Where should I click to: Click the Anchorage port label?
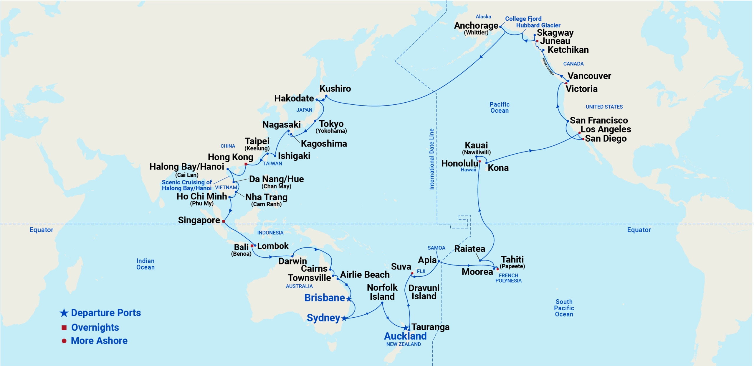[476, 26]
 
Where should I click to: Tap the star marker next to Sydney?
[344, 318]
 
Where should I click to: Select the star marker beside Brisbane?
[349, 299]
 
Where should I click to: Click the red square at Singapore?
[224, 221]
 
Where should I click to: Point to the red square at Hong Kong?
[246, 164]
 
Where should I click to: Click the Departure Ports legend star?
[64, 313]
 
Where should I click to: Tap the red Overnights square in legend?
[64, 327]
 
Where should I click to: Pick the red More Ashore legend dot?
[64, 341]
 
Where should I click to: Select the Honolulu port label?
[459, 163]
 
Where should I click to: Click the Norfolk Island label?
[382, 292]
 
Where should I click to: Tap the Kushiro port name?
[335, 88]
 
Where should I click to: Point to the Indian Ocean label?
[145, 264]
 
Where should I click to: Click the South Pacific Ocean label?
[564, 308]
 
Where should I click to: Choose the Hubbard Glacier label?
[538, 25]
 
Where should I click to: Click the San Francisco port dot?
[568, 121]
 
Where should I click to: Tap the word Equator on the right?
[639, 230]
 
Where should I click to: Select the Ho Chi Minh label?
[202, 196]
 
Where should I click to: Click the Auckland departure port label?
[405, 336]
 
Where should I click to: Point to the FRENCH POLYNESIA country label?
[508, 278]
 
